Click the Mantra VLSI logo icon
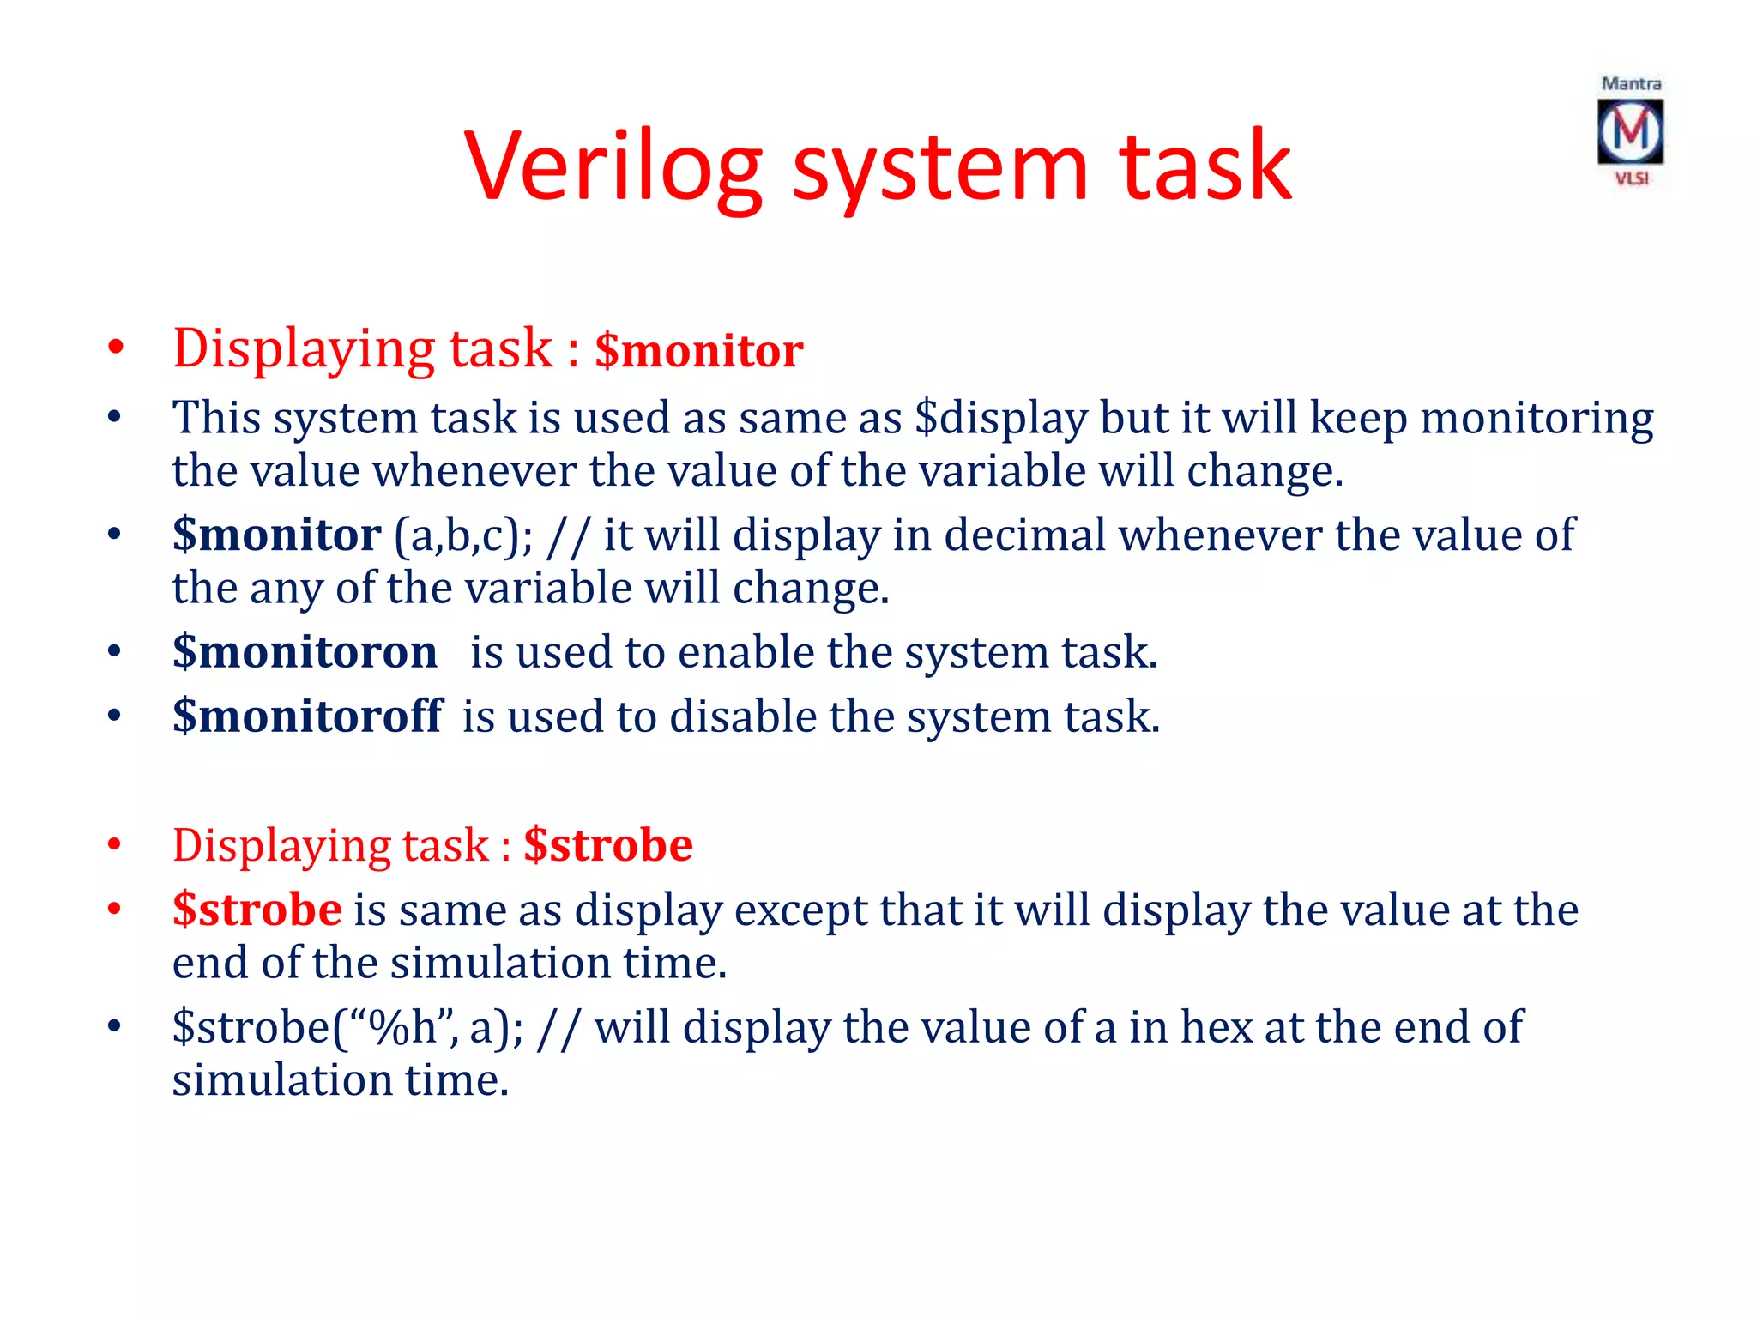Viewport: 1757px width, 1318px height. (x=1630, y=132)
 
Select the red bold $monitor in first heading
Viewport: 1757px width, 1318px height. (x=698, y=351)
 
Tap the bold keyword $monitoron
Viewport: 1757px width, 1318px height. (x=305, y=652)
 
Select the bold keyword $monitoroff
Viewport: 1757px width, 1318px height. (x=307, y=716)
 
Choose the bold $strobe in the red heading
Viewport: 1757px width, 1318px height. (x=607, y=845)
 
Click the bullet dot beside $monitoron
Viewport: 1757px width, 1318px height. (x=114, y=652)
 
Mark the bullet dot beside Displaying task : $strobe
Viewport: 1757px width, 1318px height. (x=114, y=845)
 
